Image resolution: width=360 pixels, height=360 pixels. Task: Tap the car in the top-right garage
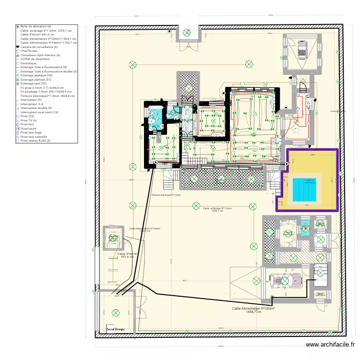point(302,49)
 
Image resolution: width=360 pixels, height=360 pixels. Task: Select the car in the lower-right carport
point(285,280)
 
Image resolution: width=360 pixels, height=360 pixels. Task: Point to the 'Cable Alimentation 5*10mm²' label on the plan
point(252,310)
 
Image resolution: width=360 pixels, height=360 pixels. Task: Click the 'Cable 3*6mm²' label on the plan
point(128,255)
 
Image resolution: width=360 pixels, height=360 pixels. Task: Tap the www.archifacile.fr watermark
point(331,345)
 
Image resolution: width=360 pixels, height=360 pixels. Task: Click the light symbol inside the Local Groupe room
point(115,313)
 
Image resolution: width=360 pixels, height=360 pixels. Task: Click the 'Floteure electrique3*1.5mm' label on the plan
point(166,195)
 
